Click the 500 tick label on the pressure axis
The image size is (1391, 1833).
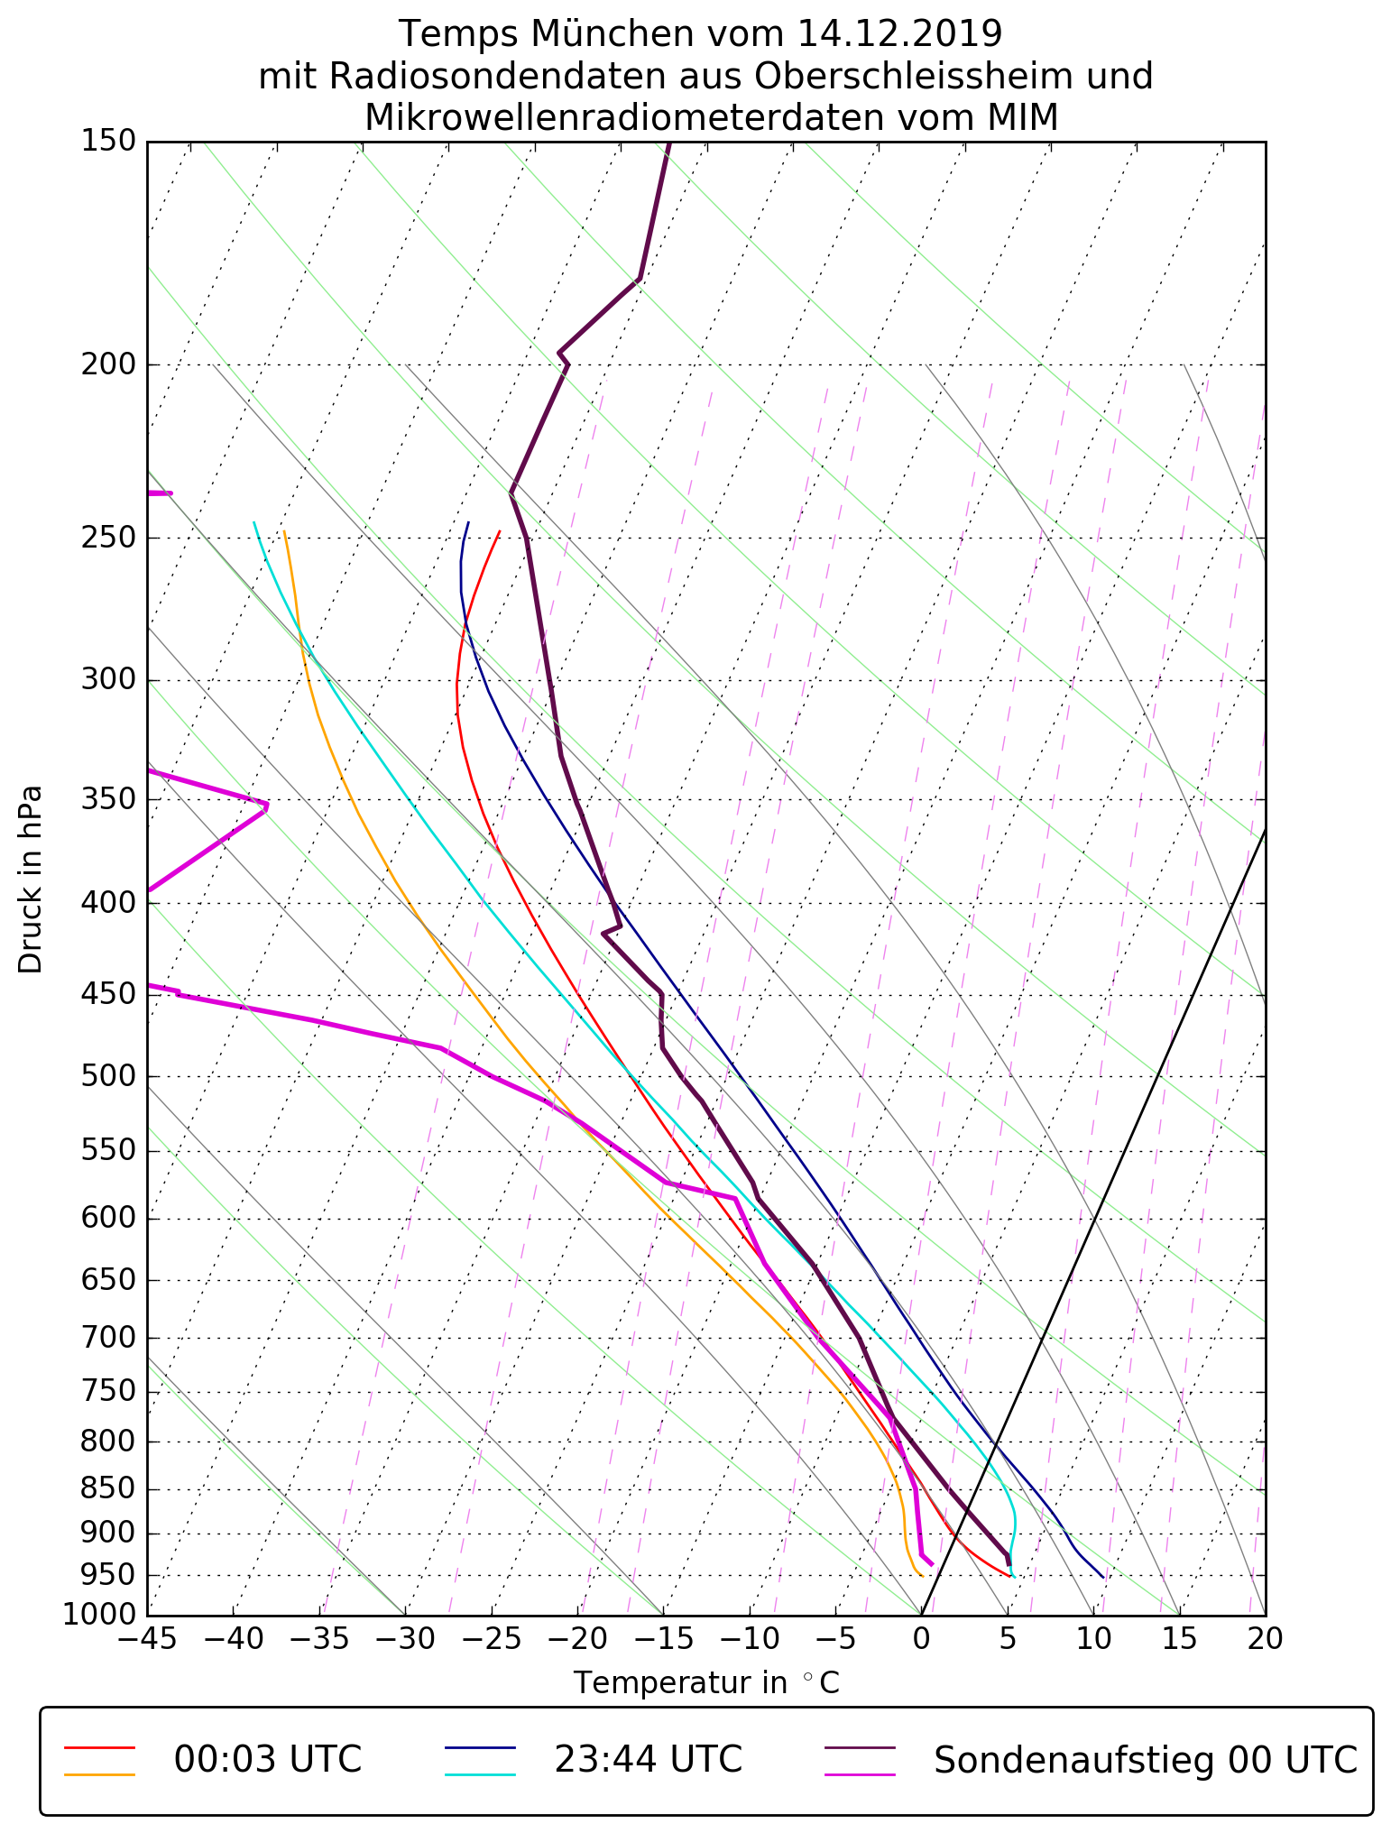[x=107, y=1076]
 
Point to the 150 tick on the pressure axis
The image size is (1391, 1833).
[x=107, y=141]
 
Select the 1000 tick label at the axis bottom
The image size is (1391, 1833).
[x=98, y=1614]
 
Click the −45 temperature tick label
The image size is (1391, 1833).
[x=147, y=1638]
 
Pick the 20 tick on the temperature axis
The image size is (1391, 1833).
[x=1265, y=1638]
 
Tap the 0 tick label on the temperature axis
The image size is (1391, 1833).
[x=921, y=1638]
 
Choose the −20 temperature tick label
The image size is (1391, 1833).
[x=576, y=1638]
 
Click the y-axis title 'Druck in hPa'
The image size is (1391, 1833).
[x=31, y=880]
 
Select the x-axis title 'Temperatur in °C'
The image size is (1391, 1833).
[x=706, y=1682]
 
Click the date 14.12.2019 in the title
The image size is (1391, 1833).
[x=899, y=34]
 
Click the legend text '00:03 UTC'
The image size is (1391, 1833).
[x=268, y=1759]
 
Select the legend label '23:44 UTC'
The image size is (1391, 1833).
[x=648, y=1759]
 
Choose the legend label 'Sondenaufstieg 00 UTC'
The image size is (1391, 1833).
[x=1146, y=1759]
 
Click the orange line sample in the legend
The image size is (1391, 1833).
[x=99, y=1774]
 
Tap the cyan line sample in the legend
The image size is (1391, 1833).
[x=480, y=1774]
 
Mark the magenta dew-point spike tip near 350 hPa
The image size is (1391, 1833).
[x=267, y=805]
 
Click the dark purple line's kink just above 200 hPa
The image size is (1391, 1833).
[x=560, y=352]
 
